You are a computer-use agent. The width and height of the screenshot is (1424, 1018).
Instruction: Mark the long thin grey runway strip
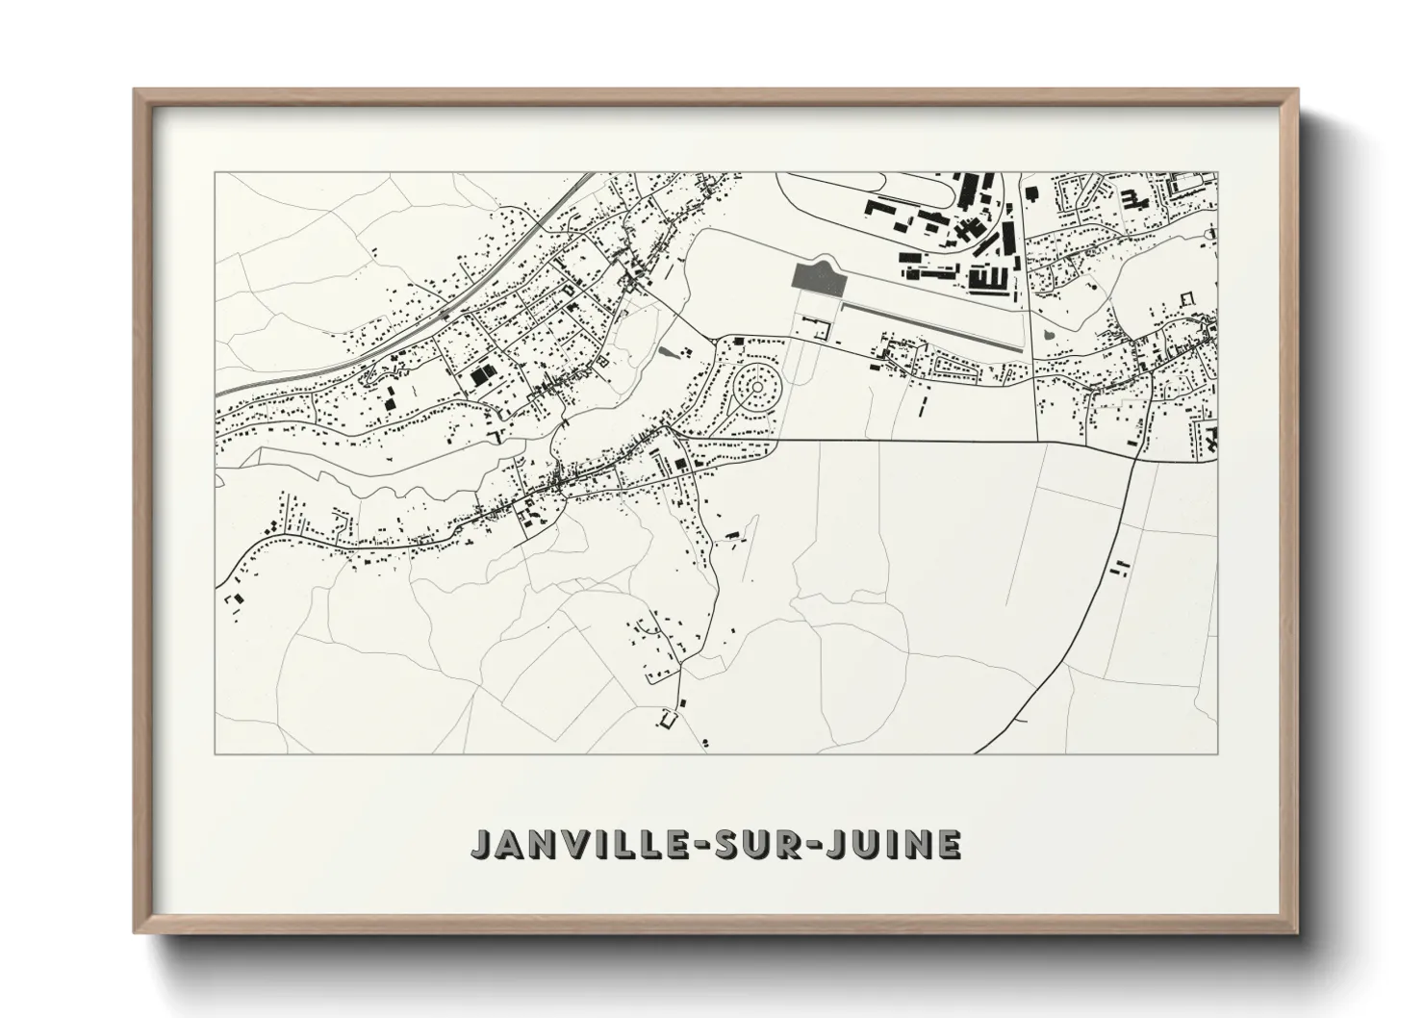929,325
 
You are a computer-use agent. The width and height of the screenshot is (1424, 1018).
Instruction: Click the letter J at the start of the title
480,844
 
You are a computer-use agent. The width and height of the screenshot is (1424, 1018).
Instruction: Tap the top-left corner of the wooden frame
136,90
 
